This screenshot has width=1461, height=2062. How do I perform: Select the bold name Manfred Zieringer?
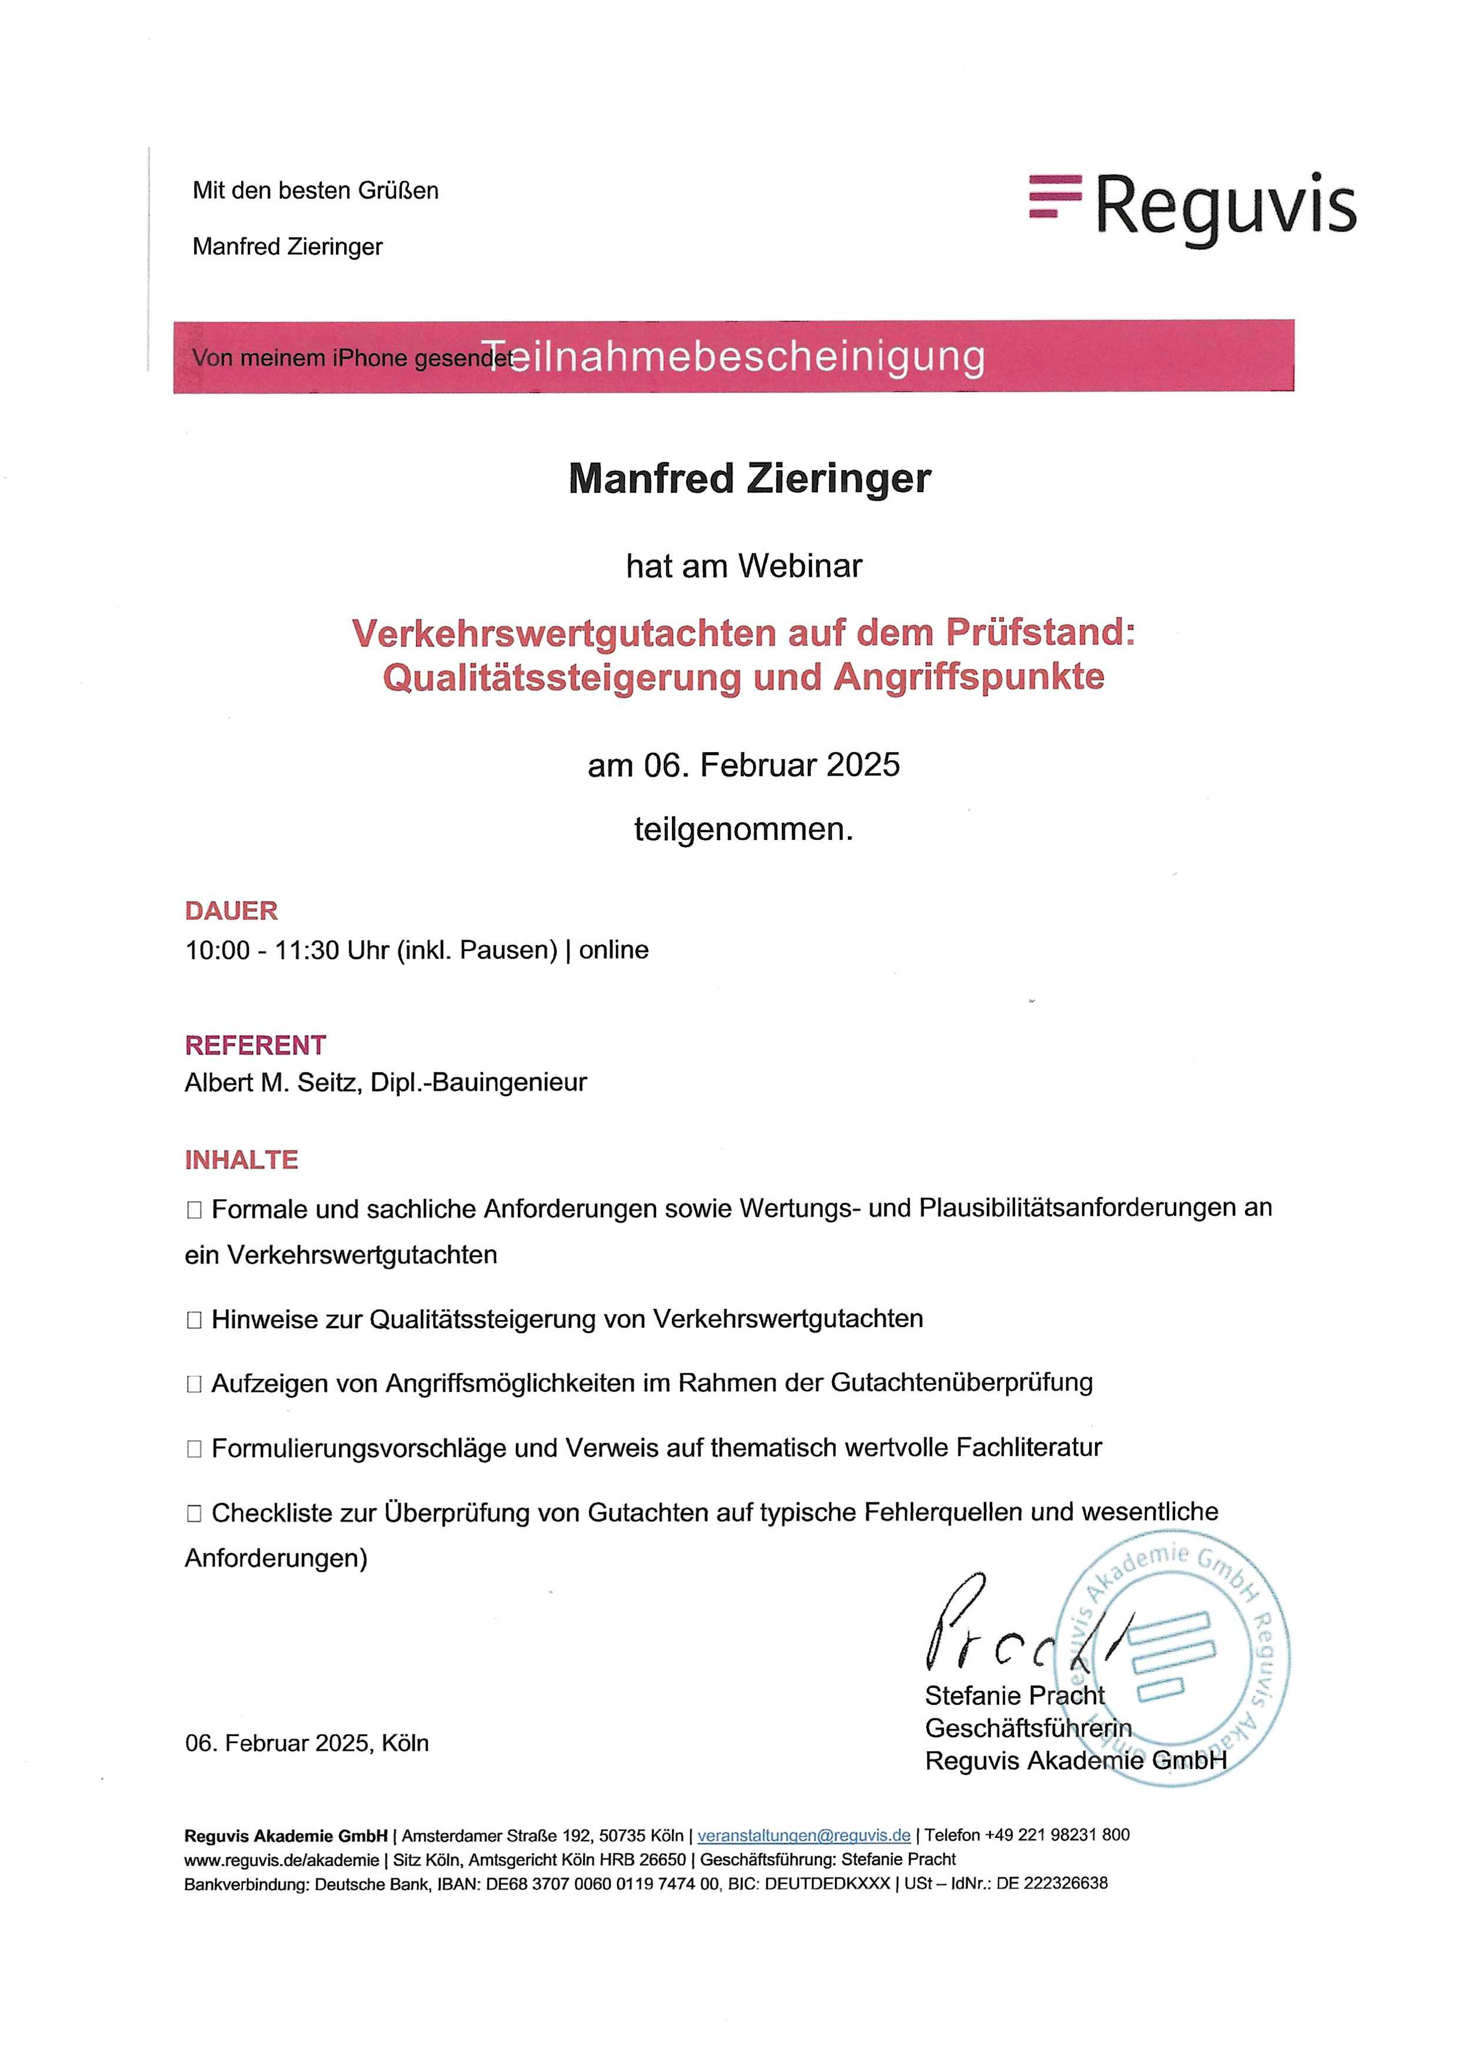coord(750,478)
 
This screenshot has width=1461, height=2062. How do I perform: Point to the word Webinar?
coord(800,566)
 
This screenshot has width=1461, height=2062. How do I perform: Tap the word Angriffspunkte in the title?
coord(969,677)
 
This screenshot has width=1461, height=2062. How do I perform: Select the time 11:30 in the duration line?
coord(306,950)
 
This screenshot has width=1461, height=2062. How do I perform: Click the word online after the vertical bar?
coord(614,950)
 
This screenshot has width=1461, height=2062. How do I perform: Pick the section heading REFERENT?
coord(255,1045)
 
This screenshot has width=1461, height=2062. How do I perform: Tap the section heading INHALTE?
coord(241,1160)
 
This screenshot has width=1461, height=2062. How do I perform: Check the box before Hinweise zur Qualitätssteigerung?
coord(194,1320)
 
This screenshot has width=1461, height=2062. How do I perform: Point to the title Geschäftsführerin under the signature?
coord(1027,1728)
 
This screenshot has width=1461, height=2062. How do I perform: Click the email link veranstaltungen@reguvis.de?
coord(803,1836)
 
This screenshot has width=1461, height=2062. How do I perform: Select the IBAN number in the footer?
coord(603,1883)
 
